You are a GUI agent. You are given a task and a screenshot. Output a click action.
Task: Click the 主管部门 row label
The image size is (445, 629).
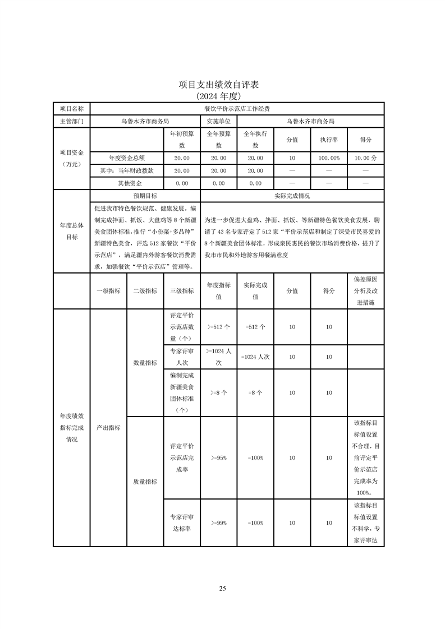click(x=71, y=121)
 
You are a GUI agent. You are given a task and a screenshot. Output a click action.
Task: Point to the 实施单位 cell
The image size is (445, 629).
click(x=218, y=121)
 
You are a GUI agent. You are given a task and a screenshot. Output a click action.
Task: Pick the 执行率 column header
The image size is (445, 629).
click(x=329, y=140)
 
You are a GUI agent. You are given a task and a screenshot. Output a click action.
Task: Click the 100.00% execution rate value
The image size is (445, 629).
click(x=329, y=159)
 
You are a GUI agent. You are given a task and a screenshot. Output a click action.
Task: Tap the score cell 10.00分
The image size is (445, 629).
click(x=365, y=159)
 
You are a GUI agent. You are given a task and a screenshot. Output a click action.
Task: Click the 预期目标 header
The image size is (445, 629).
click(x=145, y=196)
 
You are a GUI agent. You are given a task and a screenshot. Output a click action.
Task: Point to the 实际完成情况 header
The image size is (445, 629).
click(x=292, y=196)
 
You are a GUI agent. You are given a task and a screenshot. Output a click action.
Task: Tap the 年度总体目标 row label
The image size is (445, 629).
click(x=71, y=231)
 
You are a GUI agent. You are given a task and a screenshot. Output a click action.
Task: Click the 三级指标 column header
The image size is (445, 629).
click(x=181, y=290)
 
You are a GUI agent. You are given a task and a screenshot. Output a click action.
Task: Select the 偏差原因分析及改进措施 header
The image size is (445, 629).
click(x=365, y=290)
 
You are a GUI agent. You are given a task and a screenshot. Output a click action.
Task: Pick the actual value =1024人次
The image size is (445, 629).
click(x=255, y=357)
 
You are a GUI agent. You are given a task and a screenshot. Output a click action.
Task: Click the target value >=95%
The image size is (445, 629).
click(x=218, y=458)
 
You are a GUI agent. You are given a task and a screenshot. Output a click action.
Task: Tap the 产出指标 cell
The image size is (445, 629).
click(x=108, y=427)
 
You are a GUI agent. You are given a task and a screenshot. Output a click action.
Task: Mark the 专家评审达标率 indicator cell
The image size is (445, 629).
click(x=181, y=522)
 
